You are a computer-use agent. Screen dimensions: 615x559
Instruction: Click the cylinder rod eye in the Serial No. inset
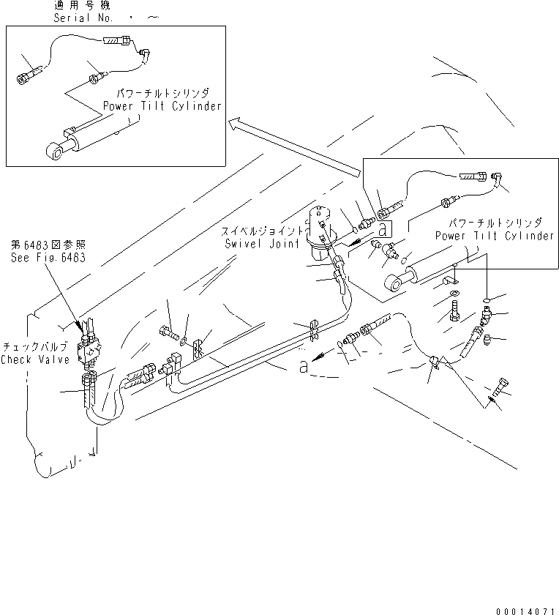tap(55, 152)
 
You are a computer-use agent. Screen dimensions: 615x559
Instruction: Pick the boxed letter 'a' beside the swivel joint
tap(380, 228)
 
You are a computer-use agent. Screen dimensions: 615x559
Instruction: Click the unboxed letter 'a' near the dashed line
tap(303, 367)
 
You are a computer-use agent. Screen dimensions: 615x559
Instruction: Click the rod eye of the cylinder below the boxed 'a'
tap(391, 283)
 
